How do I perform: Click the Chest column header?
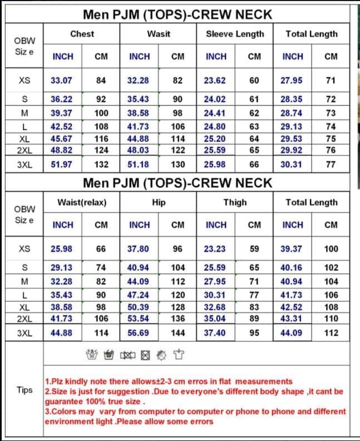point(82,34)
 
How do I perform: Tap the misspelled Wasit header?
point(159,34)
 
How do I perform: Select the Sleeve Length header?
point(235,34)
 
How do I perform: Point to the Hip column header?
point(159,202)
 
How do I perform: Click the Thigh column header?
point(235,202)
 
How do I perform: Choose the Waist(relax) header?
point(82,202)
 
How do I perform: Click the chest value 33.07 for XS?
point(62,80)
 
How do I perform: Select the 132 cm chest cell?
point(101,165)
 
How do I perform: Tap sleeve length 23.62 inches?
point(215,80)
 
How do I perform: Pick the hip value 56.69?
point(139,333)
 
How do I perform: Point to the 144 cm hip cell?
point(177,333)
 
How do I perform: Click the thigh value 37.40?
point(215,333)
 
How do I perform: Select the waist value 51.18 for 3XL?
point(139,165)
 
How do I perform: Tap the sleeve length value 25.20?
point(215,138)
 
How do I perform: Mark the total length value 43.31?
point(292,318)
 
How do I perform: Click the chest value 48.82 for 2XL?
point(62,150)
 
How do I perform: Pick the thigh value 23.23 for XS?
point(215,249)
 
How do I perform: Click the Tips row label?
point(25,390)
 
